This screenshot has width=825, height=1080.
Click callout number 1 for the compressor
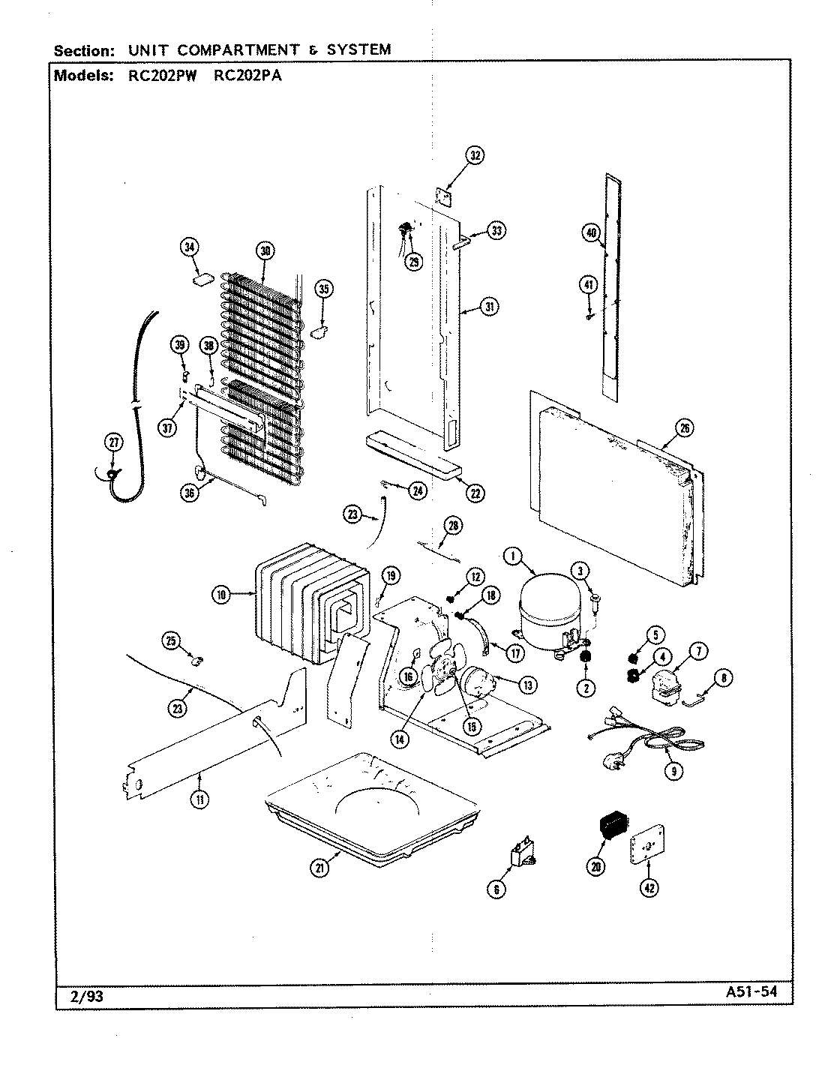click(513, 556)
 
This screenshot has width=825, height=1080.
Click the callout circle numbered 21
click(321, 868)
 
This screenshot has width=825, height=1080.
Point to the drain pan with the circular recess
click(367, 806)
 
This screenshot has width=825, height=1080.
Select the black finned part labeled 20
click(611, 826)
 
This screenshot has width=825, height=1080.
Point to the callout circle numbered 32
click(475, 156)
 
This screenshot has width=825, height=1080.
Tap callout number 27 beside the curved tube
click(113, 442)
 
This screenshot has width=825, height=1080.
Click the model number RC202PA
click(247, 75)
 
